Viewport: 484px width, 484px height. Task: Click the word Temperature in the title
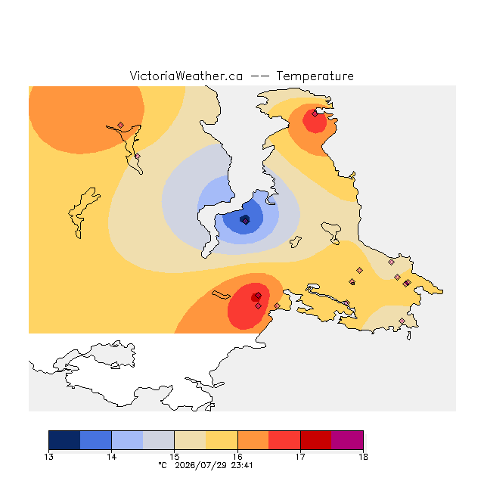[x=315, y=76]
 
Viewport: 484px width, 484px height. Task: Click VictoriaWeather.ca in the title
[x=186, y=76]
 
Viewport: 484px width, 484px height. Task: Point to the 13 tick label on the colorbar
[x=48, y=457]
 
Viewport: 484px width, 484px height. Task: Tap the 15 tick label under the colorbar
[x=175, y=457]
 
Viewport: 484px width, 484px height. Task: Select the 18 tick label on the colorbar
[x=363, y=457]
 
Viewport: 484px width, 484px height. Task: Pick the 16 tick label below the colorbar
[x=237, y=457]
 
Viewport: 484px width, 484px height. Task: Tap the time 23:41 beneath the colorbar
[x=242, y=465]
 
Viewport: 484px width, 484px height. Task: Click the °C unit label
[x=163, y=465]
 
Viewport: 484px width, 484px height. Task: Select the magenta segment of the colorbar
[x=347, y=440]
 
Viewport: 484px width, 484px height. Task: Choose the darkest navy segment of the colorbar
[x=64, y=440]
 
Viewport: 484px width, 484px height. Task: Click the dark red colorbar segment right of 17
[x=316, y=440]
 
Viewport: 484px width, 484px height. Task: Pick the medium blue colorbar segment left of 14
[x=96, y=440]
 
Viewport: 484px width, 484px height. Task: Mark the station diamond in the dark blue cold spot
[x=245, y=221]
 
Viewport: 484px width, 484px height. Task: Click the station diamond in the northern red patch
[x=315, y=114]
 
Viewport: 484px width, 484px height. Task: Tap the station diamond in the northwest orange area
[x=121, y=125]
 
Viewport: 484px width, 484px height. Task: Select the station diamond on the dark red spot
[x=259, y=296]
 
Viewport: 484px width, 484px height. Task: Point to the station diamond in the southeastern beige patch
[x=402, y=321]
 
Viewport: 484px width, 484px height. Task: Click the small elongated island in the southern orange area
[x=221, y=295]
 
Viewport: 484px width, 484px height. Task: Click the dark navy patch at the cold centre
[x=245, y=219]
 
